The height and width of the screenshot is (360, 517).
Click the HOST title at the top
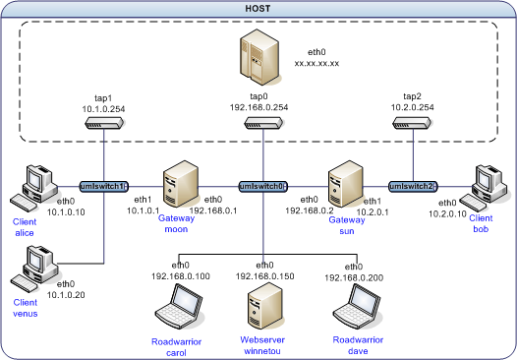pyautogui.click(x=258, y=8)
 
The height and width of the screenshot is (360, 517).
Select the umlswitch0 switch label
pyautogui.click(x=263, y=187)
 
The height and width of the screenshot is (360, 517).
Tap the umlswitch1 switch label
pyautogui.click(x=104, y=187)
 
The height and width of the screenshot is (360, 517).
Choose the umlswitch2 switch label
pyautogui.click(x=413, y=187)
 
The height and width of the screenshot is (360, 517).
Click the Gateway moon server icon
pyautogui.click(x=181, y=184)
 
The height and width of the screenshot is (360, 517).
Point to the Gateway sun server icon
pyautogui.click(x=346, y=184)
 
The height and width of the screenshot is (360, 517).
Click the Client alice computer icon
pyautogui.click(x=34, y=188)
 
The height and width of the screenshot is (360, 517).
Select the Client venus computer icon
pyautogui.click(x=34, y=269)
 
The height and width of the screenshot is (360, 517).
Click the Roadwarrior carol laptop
pyautogui.click(x=180, y=306)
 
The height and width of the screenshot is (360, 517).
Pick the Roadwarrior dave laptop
pyautogui.click(x=357, y=306)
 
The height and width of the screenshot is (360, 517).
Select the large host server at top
pyautogui.click(x=259, y=57)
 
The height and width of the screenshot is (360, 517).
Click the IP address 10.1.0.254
pyautogui.click(x=103, y=109)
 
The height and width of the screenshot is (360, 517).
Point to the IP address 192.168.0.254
pyautogui.click(x=258, y=107)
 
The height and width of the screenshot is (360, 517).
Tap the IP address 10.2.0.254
pyautogui.click(x=413, y=107)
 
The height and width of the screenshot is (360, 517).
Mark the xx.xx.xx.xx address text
pyautogui.click(x=316, y=63)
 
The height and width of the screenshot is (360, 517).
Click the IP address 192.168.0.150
pyautogui.click(x=264, y=276)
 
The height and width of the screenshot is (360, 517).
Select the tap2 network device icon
pyautogui.click(x=412, y=123)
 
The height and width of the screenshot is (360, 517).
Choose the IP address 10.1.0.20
pyautogui.click(x=66, y=295)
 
